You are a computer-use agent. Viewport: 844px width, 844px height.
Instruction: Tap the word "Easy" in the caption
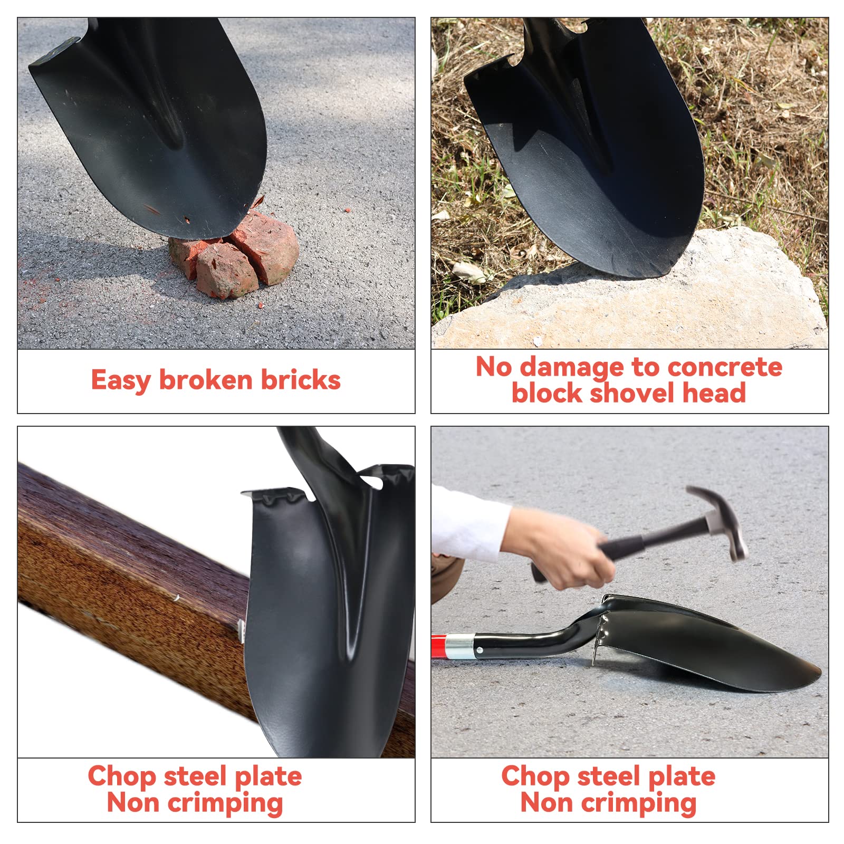click(x=121, y=381)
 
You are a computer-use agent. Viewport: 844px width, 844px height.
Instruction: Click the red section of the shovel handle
click(x=438, y=647)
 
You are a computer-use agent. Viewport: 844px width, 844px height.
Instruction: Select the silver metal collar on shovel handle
click(x=459, y=647)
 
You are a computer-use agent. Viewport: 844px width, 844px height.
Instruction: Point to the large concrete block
click(x=633, y=295)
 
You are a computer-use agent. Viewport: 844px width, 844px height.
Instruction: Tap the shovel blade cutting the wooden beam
click(x=330, y=607)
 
